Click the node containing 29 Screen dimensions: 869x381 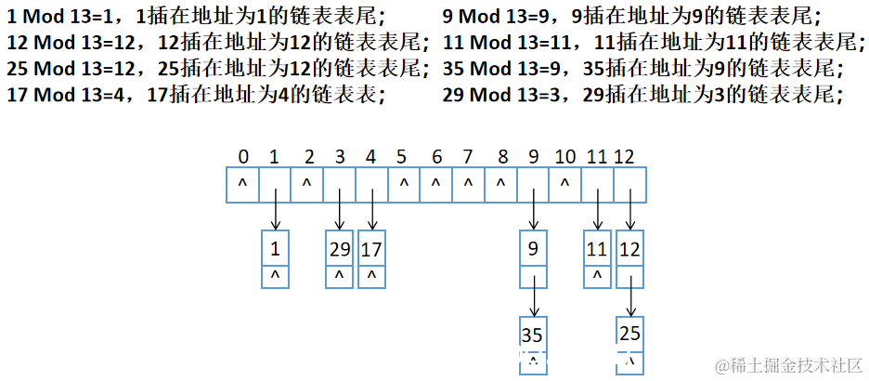pos(339,248)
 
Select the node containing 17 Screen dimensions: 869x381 pos(371,248)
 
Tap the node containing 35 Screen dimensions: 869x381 pos(533,334)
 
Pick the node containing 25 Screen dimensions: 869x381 pos(630,334)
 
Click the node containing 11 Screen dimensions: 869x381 pos(597,248)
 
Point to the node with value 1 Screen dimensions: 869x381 pos(275,248)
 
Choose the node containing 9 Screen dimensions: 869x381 pos(533,248)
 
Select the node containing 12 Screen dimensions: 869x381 pos(630,248)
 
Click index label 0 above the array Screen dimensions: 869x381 pos(242,156)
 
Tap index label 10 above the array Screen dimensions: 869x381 pos(564,156)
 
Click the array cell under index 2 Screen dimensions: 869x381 pos(307,184)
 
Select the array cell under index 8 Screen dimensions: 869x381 pos(500,184)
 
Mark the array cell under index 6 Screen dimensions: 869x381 pos(436,184)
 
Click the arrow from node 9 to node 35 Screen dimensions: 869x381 pos(534,299)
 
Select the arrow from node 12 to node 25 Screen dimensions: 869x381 pos(631,299)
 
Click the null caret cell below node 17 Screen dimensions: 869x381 pos(371,276)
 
